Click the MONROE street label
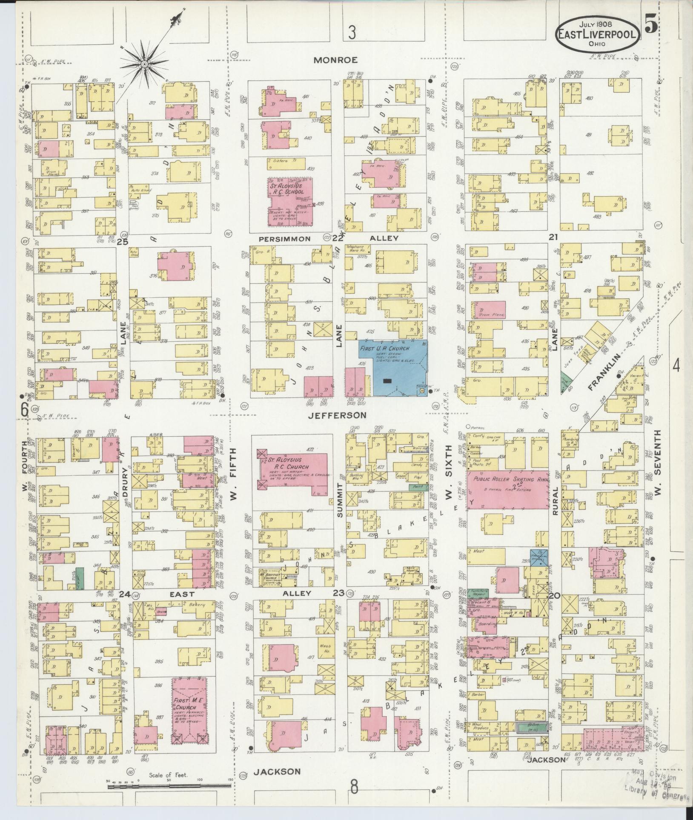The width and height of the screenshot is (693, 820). (x=335, y=60)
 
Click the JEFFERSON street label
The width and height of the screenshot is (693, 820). (x=337, y=415)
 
